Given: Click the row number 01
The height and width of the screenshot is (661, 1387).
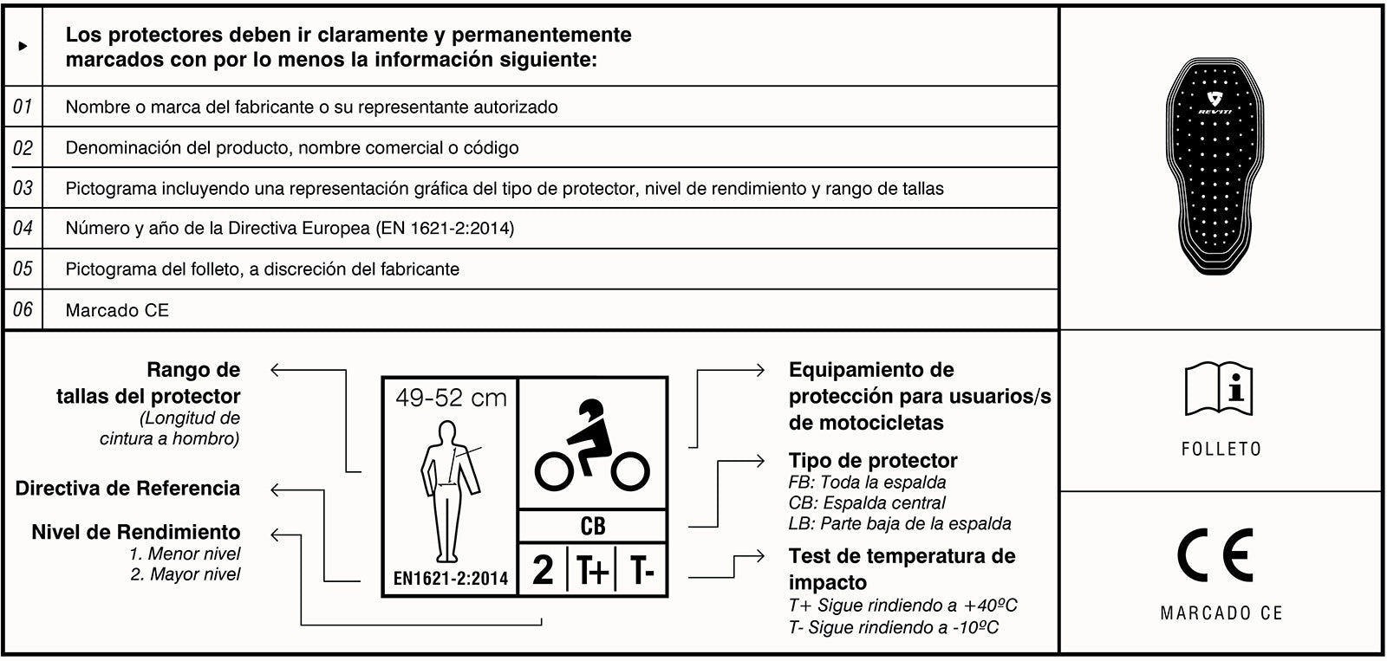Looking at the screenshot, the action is click(23, 107).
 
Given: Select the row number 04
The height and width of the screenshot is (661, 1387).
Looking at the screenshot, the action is click(23, 228).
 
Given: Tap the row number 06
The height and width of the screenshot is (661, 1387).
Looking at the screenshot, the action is click(23, 308).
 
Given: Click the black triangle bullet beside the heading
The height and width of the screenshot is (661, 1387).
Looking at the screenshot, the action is click(23, 46).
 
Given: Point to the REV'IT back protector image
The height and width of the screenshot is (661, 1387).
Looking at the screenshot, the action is click(1214, 165).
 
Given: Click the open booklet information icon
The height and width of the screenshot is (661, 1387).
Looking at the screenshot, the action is click(1219, 389).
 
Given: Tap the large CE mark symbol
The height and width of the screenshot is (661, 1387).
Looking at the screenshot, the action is click(1214, 555).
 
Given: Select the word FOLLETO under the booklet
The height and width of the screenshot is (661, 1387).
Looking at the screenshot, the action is click(1221, 449).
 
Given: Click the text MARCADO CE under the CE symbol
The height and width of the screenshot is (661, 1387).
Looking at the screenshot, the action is click(1221, 612).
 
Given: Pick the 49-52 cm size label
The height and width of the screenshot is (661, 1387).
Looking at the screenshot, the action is click(451, 398).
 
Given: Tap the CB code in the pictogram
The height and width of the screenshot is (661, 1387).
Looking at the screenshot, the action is click(593, 526).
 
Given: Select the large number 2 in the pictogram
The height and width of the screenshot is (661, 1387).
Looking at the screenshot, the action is click(543, 569).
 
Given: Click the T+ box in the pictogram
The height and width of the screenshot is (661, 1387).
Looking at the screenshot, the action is click(593, 569).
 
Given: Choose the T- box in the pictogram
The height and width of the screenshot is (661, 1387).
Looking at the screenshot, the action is click(642, 569).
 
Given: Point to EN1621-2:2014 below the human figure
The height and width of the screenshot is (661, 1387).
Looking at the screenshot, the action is click(451, 578).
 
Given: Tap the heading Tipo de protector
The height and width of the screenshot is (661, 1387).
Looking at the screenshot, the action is click(873, 461).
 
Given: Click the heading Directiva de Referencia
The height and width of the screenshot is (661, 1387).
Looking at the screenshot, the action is click(127, 488).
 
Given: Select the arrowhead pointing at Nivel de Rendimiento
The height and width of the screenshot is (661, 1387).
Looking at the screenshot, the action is click(277, 535).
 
